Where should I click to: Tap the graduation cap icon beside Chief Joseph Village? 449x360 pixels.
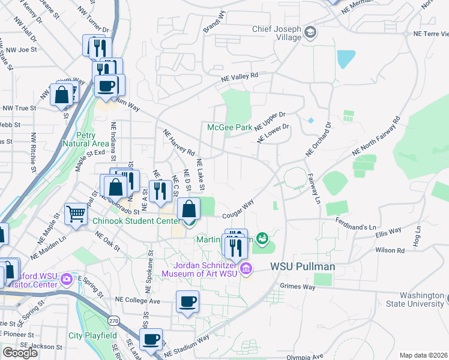pos(310,31)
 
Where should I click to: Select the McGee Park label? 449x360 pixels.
pos(230,127)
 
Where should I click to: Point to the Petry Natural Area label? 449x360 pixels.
pos(85,139)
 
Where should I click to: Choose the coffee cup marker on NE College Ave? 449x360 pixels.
pos(187,301)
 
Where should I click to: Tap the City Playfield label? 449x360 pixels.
pos(92,335)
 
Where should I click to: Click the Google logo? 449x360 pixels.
pos(20,352)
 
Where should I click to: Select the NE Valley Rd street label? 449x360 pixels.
pos(239,77)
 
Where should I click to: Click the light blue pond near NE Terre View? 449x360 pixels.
pos(346,59)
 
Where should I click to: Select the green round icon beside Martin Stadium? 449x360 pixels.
pos(261,239)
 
